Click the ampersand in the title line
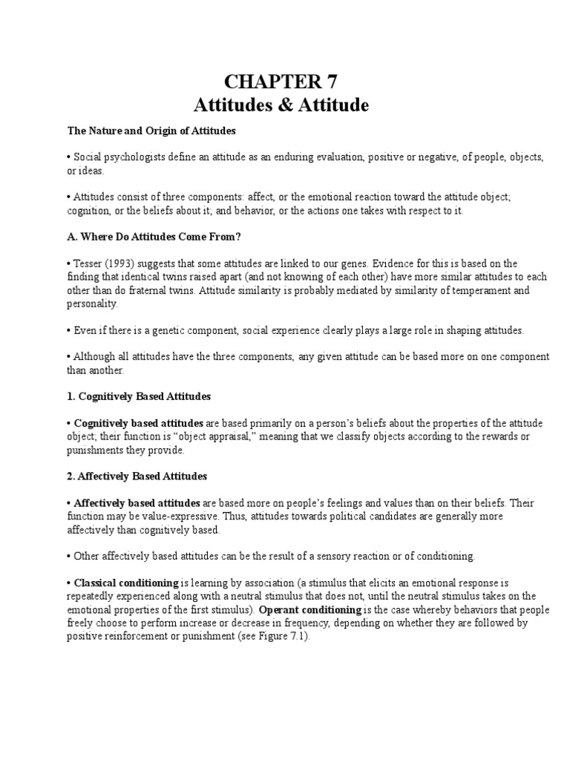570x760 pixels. [x=283, y=105]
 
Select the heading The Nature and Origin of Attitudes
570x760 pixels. [x=151, y=131]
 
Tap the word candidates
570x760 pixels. [x=416, y=517]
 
